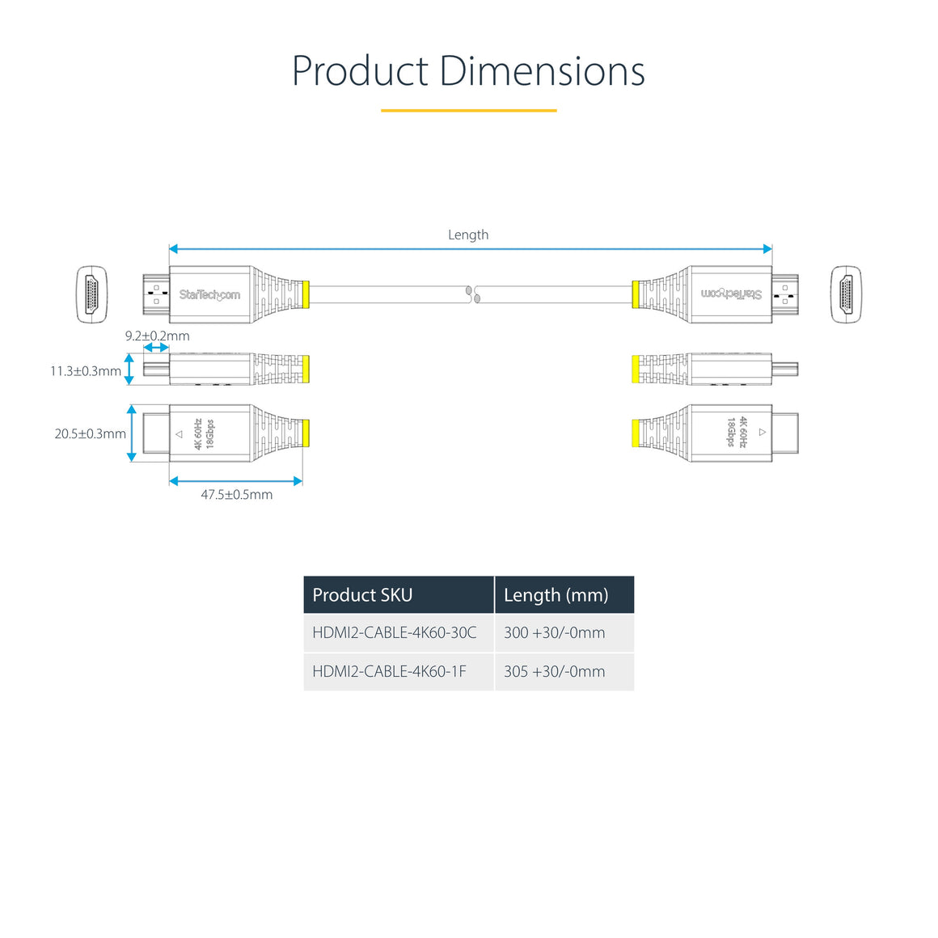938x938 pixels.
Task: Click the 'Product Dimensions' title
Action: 468,71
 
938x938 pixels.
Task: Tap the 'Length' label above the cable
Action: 468,234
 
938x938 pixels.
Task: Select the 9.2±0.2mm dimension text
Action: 157,336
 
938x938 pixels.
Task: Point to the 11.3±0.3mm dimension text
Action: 86,371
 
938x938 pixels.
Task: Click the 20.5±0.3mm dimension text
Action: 90,434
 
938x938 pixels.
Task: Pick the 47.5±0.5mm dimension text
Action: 236,495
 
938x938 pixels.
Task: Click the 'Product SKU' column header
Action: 362,595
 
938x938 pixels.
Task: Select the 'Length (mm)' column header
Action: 556,595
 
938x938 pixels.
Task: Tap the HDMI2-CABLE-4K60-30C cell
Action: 395,632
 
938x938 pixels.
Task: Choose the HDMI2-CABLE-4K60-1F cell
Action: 389,671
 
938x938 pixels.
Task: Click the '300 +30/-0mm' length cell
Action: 554,632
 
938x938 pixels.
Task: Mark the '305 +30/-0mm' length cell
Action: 554,671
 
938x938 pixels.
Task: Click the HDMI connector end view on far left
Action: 91,294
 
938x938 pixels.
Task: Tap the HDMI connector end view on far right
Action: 846,294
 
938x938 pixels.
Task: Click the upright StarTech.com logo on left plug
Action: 209,295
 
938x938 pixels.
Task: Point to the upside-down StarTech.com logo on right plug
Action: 731,294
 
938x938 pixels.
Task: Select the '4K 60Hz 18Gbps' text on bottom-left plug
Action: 204,434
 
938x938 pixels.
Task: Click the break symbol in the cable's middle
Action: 473,294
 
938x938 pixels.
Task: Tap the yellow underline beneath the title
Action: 468,110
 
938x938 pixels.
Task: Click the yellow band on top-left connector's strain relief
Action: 305,294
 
